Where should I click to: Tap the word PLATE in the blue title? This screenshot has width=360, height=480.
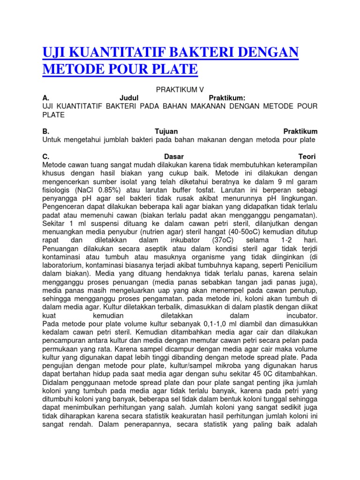173,69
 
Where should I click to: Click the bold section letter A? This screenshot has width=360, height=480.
45,97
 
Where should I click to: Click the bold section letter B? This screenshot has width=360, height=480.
45,131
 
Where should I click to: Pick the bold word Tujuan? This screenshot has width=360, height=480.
166,131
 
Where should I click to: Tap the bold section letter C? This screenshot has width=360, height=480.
45,157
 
